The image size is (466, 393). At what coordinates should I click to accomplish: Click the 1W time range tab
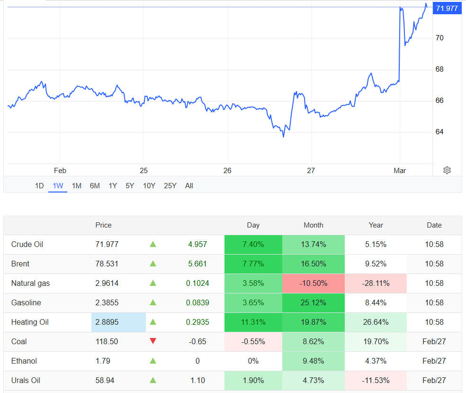58,186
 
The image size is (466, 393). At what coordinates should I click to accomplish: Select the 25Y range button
170,186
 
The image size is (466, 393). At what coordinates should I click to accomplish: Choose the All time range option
189,186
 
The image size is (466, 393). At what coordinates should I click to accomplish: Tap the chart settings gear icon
447,170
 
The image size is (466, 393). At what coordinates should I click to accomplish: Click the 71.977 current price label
447,8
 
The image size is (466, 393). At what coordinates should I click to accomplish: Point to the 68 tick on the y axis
439,69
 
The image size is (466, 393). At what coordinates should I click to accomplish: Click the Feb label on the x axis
60,171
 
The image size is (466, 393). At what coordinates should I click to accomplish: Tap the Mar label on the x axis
400,171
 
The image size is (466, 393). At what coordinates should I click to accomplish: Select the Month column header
314,225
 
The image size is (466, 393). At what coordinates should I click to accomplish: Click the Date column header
434,225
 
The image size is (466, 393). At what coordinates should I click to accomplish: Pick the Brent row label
20,264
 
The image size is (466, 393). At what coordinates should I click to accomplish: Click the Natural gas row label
30,283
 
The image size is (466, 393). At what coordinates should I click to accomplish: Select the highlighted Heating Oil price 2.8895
107,322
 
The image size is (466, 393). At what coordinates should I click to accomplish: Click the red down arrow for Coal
152,341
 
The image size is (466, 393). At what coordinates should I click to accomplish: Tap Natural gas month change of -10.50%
314,283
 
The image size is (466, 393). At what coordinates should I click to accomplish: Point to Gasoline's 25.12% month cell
314,303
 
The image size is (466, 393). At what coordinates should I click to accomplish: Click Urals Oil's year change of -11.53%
376,380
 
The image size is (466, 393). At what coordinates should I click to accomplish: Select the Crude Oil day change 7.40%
253,245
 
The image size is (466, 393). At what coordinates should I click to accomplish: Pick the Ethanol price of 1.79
103,361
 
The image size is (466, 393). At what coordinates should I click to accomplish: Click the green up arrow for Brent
152,264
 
